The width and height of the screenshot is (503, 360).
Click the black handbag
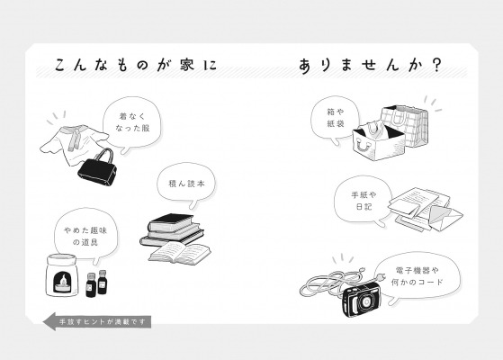click(x=97, y=169)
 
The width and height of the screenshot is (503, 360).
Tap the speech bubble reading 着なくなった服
click(x=132, y=123)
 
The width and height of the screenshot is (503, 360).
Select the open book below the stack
click(x=179, y=252)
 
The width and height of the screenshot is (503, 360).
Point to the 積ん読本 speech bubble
click(x=186, y=184)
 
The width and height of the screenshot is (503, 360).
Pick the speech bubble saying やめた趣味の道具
click(x=85, y=235)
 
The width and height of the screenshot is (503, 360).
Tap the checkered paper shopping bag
click(x=405, y=125)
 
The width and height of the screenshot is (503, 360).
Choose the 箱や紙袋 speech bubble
click(x=335, y=118)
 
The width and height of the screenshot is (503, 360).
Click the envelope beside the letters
click(x=445, y=217)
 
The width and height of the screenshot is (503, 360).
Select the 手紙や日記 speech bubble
click(x=364, y=202)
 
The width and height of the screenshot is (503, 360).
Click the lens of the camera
click(x=364, y=301)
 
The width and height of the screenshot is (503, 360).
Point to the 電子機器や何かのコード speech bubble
click(x=417, y=276)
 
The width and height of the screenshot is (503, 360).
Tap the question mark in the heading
click(x=436, y=65)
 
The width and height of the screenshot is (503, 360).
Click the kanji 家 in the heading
click(x=186, y=65)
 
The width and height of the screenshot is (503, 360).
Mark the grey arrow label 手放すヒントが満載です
click(x=97, y=321)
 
